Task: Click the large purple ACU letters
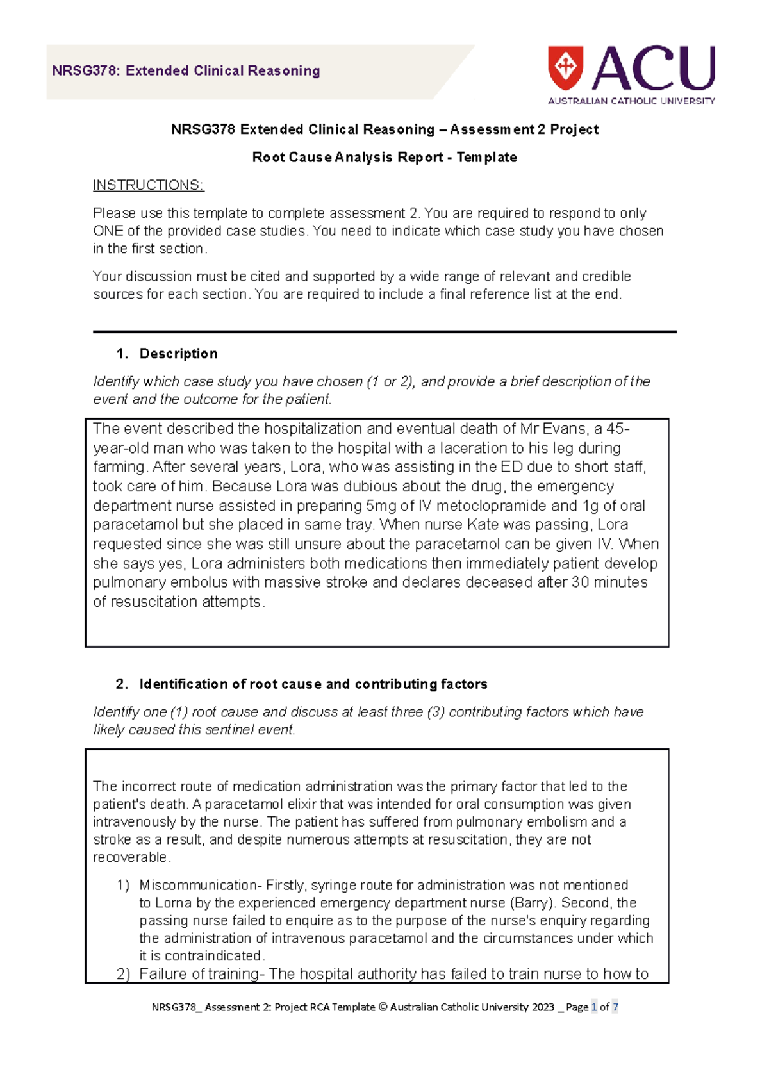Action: [654, 68]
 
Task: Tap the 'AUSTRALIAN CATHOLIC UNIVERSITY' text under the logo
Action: [631, 101]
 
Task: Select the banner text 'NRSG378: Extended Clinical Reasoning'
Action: [186, 71]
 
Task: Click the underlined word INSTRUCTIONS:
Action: [148, 185]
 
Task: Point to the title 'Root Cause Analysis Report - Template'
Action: [384, 158]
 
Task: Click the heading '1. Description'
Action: [167, 354]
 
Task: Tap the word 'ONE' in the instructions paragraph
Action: [108, 231]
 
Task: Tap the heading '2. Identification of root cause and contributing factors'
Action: [302, 684]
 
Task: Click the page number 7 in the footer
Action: [615, 1007]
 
